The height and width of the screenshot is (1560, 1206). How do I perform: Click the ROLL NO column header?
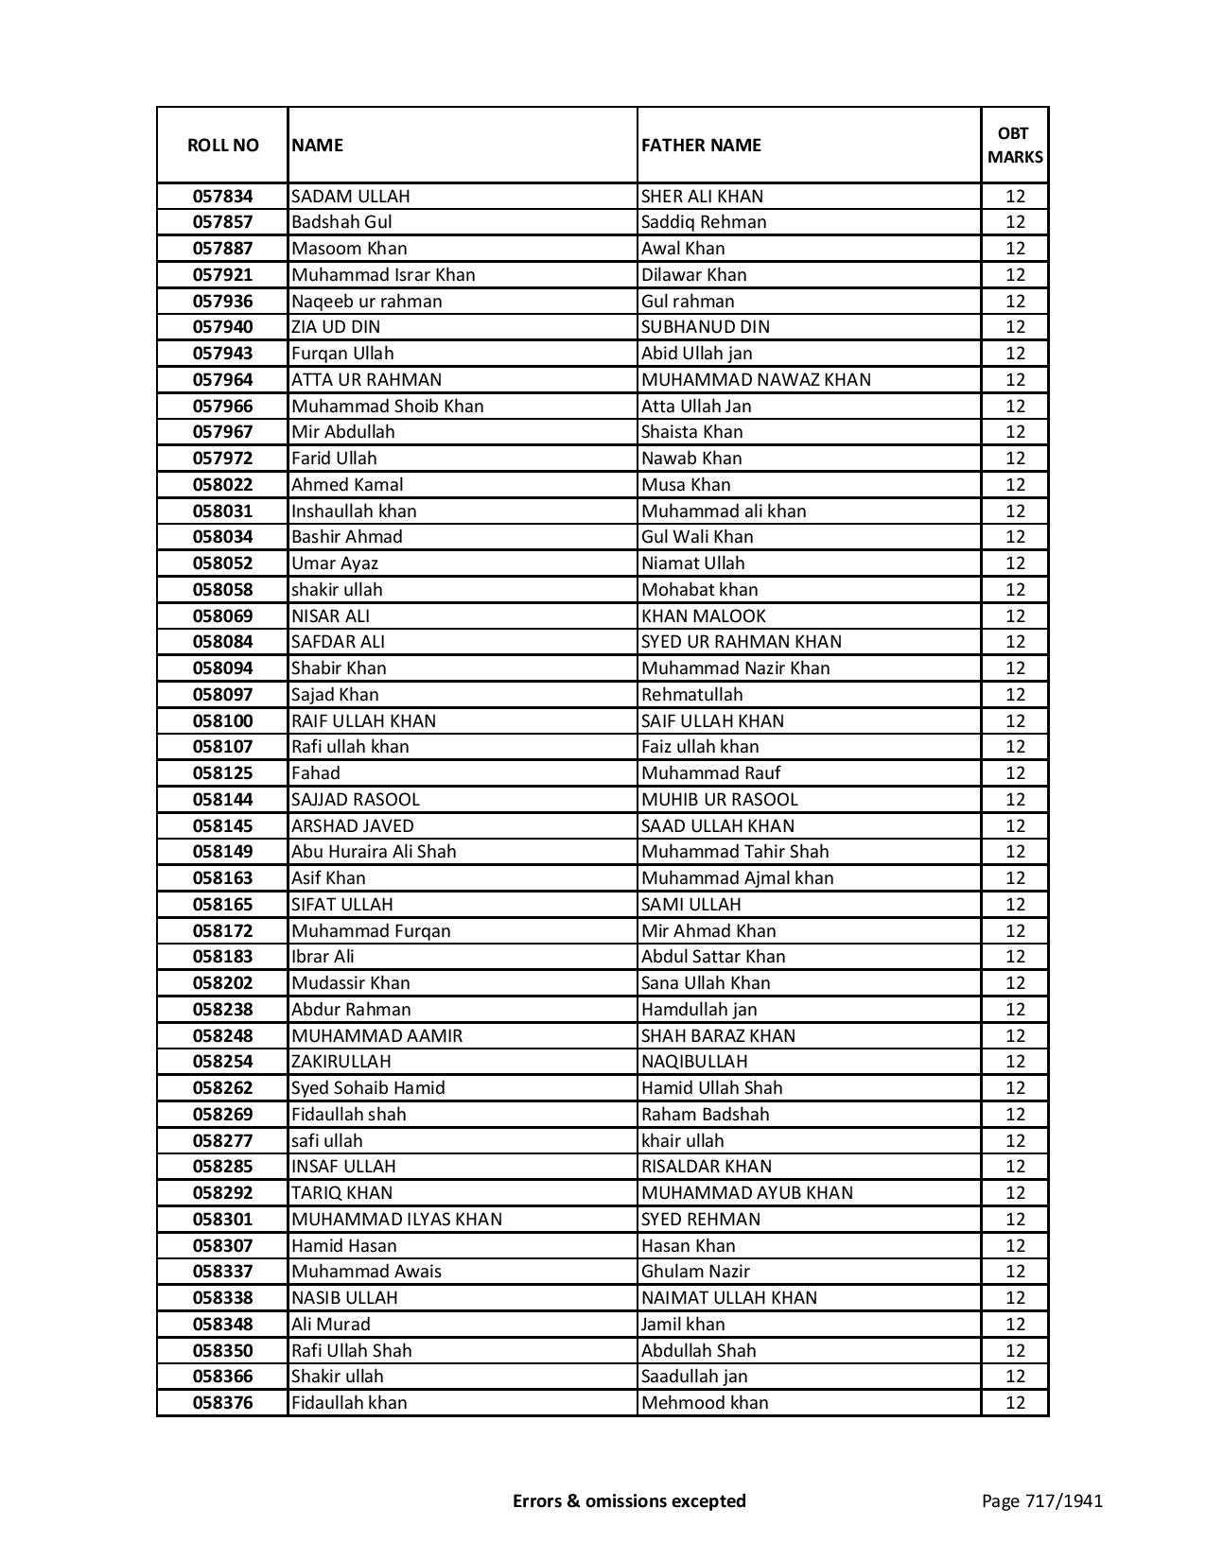coord(222,145)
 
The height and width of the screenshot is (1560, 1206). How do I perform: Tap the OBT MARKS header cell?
coord(1015,145)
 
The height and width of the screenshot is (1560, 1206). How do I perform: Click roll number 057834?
coord(222,197)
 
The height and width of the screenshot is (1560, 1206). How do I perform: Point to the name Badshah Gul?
coord(341,222)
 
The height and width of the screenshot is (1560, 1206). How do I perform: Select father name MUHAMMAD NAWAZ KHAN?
coord(756,380)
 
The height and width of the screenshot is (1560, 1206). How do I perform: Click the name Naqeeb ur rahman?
coord(366,302)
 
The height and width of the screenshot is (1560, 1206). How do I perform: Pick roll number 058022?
coord(222,485)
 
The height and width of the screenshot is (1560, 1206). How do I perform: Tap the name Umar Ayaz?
coord(335,563)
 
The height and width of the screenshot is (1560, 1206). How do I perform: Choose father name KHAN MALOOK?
coord(703,616)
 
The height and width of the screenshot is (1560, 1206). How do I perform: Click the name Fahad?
coord(315,773)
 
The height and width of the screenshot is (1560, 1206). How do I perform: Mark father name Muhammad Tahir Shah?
coord(734,852)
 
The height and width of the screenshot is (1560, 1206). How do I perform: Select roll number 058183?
coord(222,957)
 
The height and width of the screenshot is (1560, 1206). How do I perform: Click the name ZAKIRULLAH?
coord(341,1062)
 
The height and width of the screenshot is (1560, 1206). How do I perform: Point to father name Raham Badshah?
coord(705,1115)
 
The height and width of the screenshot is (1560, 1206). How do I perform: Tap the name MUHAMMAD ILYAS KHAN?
coord(396,1220)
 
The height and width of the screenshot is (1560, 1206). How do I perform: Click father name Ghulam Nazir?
coord(695,1272)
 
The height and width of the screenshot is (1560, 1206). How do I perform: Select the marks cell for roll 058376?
coord(1015,1403)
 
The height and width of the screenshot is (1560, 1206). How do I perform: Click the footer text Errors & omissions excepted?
coord(629,1500)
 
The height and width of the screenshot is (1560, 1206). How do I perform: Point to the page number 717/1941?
coord(1041,1500)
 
